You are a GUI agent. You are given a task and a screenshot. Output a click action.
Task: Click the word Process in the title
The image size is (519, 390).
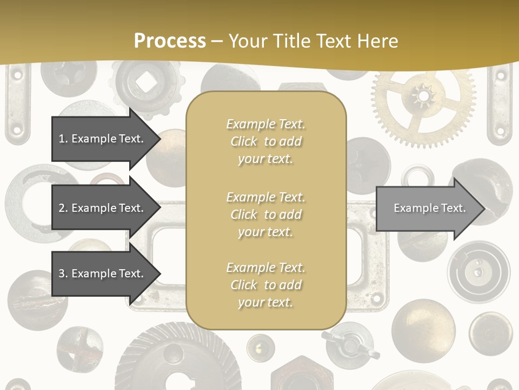pyautogui.click(x=170, y=41)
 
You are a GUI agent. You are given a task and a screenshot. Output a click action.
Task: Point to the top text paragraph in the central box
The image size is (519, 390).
pyautogui.click(x=265, y=141)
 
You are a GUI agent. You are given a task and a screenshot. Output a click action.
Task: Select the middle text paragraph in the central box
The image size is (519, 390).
pyautogui.click(x=265, y=214)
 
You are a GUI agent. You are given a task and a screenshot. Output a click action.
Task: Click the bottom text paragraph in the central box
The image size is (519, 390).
pyautogui.click(x=265, y=285)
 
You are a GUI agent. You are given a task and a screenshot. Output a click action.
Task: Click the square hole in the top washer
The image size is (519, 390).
pyautogui.click(x=144, y=82)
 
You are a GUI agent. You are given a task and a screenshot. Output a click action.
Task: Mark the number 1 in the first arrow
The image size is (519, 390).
pyautogui.click(x=62, y=139)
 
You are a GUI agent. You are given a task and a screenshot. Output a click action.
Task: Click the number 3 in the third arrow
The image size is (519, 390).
pyautogui.click(x=62, y=274)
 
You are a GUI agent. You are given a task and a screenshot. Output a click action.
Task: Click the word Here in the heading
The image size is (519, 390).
pyautogui.click(x=378, y=41)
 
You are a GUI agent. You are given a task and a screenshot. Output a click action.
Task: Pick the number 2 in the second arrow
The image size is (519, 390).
pyautogui.click(x=62, y=208)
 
